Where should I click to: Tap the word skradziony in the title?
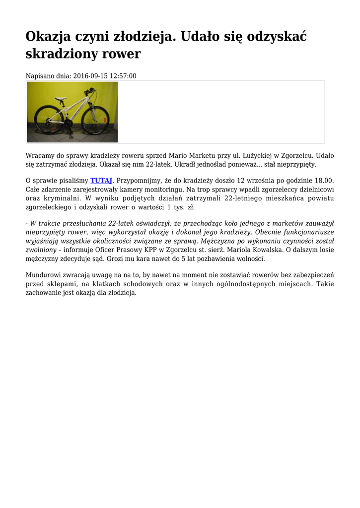[x=65, y=54]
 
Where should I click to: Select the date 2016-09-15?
[x=89, y=76]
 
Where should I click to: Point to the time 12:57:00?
[x=122, y=76]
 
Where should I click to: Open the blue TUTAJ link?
[x=101, y=181]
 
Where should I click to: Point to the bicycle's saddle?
[x=60, y=98]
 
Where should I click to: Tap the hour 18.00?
[x=323, y=181]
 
